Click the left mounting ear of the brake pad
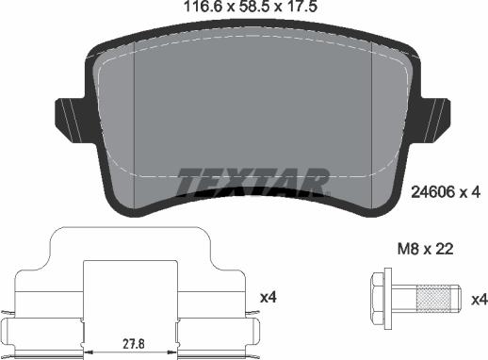71,116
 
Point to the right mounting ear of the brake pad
435,116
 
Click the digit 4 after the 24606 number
477,191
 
